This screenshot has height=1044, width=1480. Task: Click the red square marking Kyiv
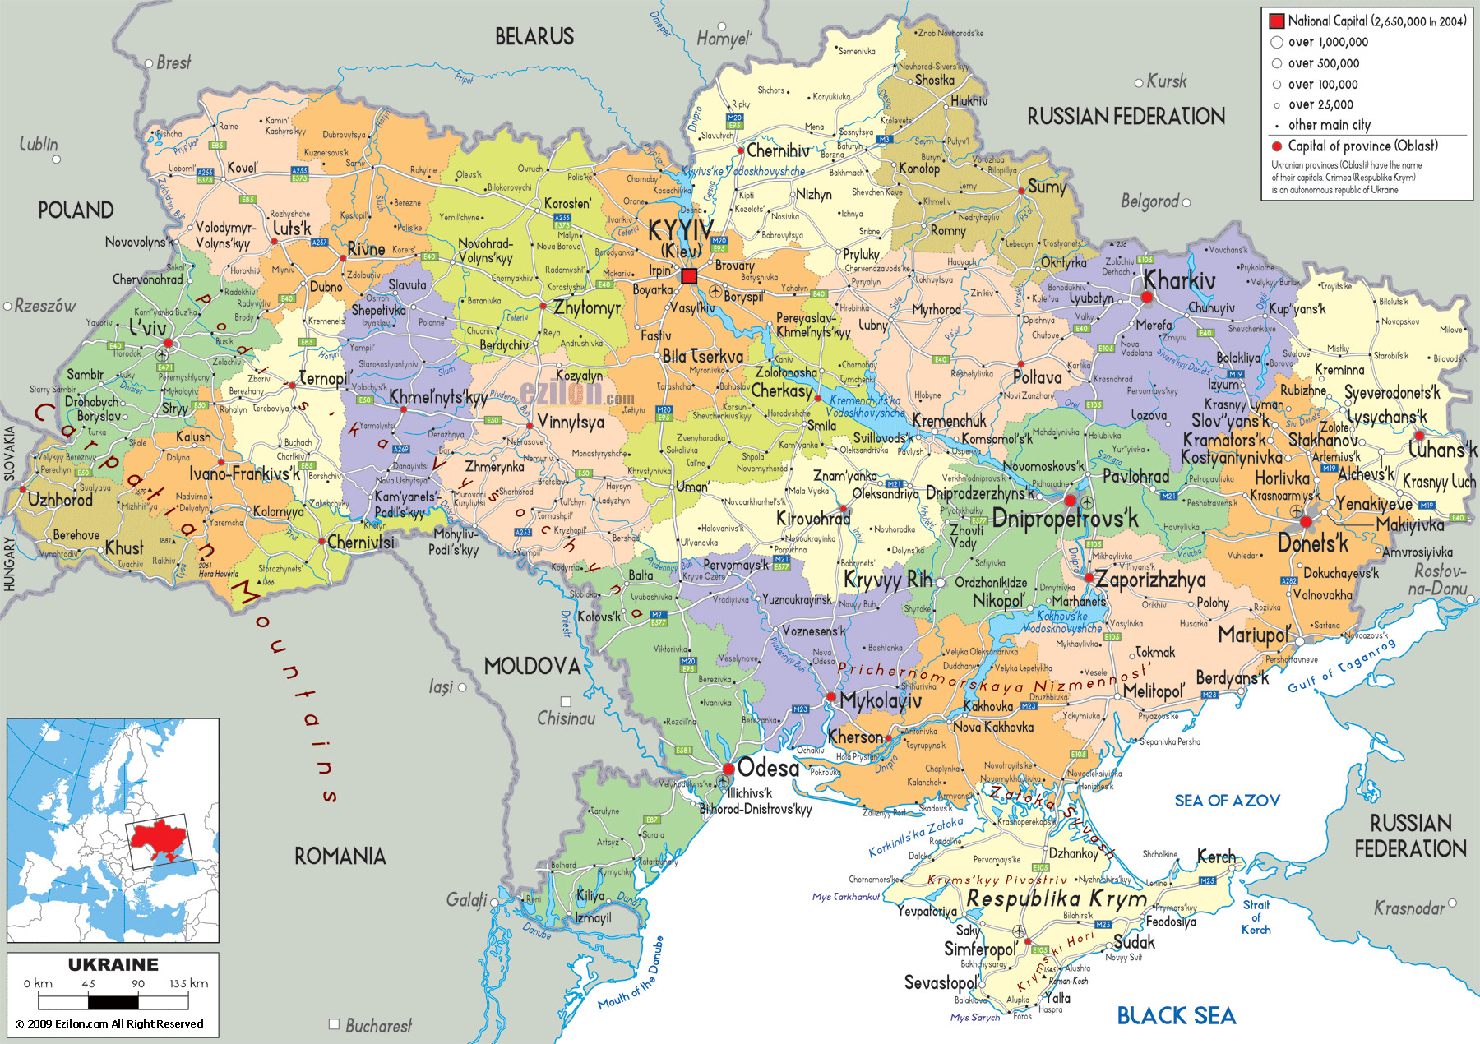click(x=689, y=276)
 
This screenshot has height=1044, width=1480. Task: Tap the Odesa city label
click(x=768, y=768)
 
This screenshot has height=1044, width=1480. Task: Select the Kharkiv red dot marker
click(x=1147, y=297)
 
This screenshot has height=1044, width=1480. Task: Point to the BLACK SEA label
click(x=1176, y=1016)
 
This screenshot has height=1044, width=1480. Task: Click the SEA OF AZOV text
click(x=1227, y=801)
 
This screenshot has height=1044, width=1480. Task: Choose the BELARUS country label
click(x=534, y=36)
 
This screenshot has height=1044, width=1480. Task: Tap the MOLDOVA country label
click(x=532, y=666)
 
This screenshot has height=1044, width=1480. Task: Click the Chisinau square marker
click(x=566, y=701)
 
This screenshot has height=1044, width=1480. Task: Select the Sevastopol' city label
click(x=941, y=982)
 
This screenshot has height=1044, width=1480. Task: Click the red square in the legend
click(x=1277, y=21)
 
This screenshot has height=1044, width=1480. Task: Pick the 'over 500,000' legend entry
click(x=1324, y=63)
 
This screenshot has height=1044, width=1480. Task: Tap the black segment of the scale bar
click(x=113, y=1002)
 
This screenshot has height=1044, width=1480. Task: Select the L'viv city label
click(x=148, y=327)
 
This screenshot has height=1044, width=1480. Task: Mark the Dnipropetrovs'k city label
click(x=1065, y=519)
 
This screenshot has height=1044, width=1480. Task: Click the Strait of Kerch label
click(x=1256, y=917)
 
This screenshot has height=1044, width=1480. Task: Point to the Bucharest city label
click(x=378, y=1025)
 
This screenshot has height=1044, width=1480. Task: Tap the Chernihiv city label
click(x=778, y=150)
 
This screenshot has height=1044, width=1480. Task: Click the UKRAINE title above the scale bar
click(x=113, y=965)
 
